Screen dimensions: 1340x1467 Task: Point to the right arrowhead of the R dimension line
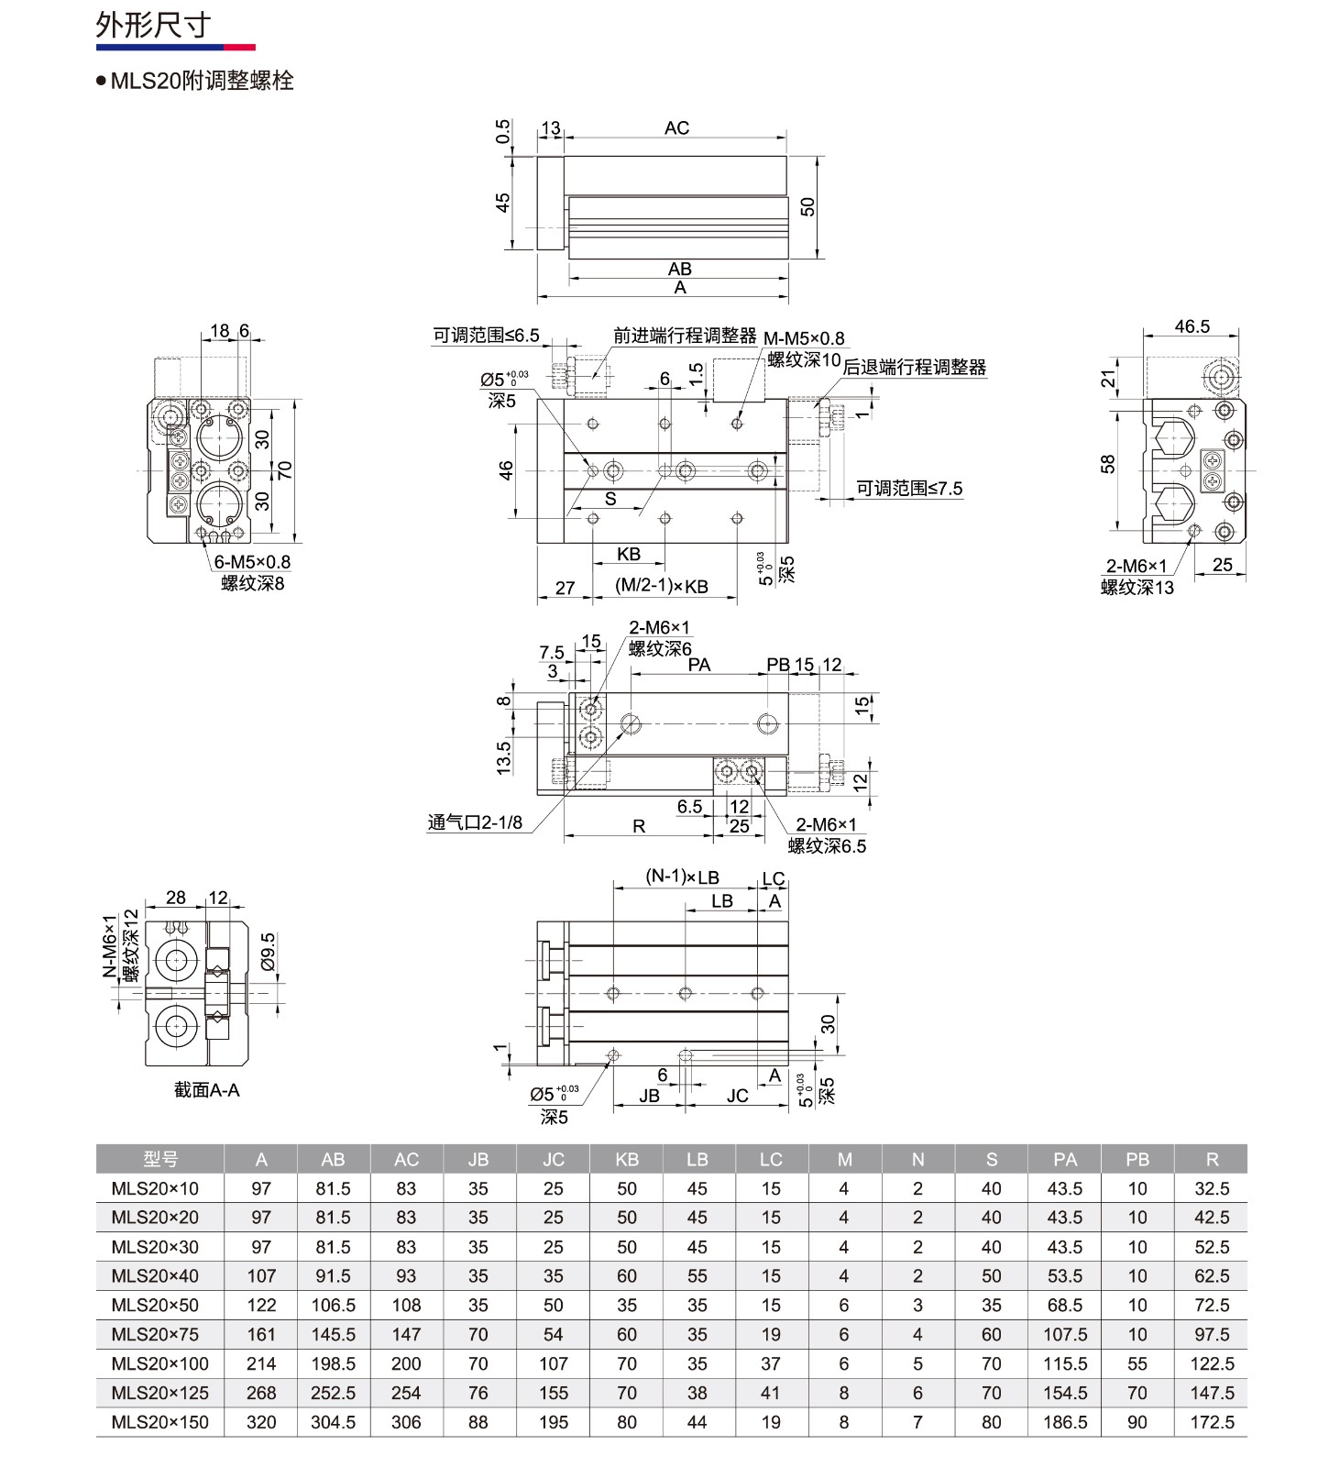[x=712, y=835]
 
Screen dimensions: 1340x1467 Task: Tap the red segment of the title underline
[x=240, y=47]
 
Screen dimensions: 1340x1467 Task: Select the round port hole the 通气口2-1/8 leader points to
[x=631, y=724]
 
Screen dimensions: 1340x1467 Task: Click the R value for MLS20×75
[x=1212, y=1334]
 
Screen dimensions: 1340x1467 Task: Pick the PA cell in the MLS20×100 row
[x=1065, y=1363]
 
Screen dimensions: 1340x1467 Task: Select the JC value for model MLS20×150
[x=554, y=1422]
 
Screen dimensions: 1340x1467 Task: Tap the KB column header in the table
[x=627, y=1159]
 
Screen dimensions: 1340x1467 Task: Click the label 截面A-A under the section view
[x=206, y=1090]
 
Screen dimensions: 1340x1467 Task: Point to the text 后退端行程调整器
[x=915, y=368]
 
